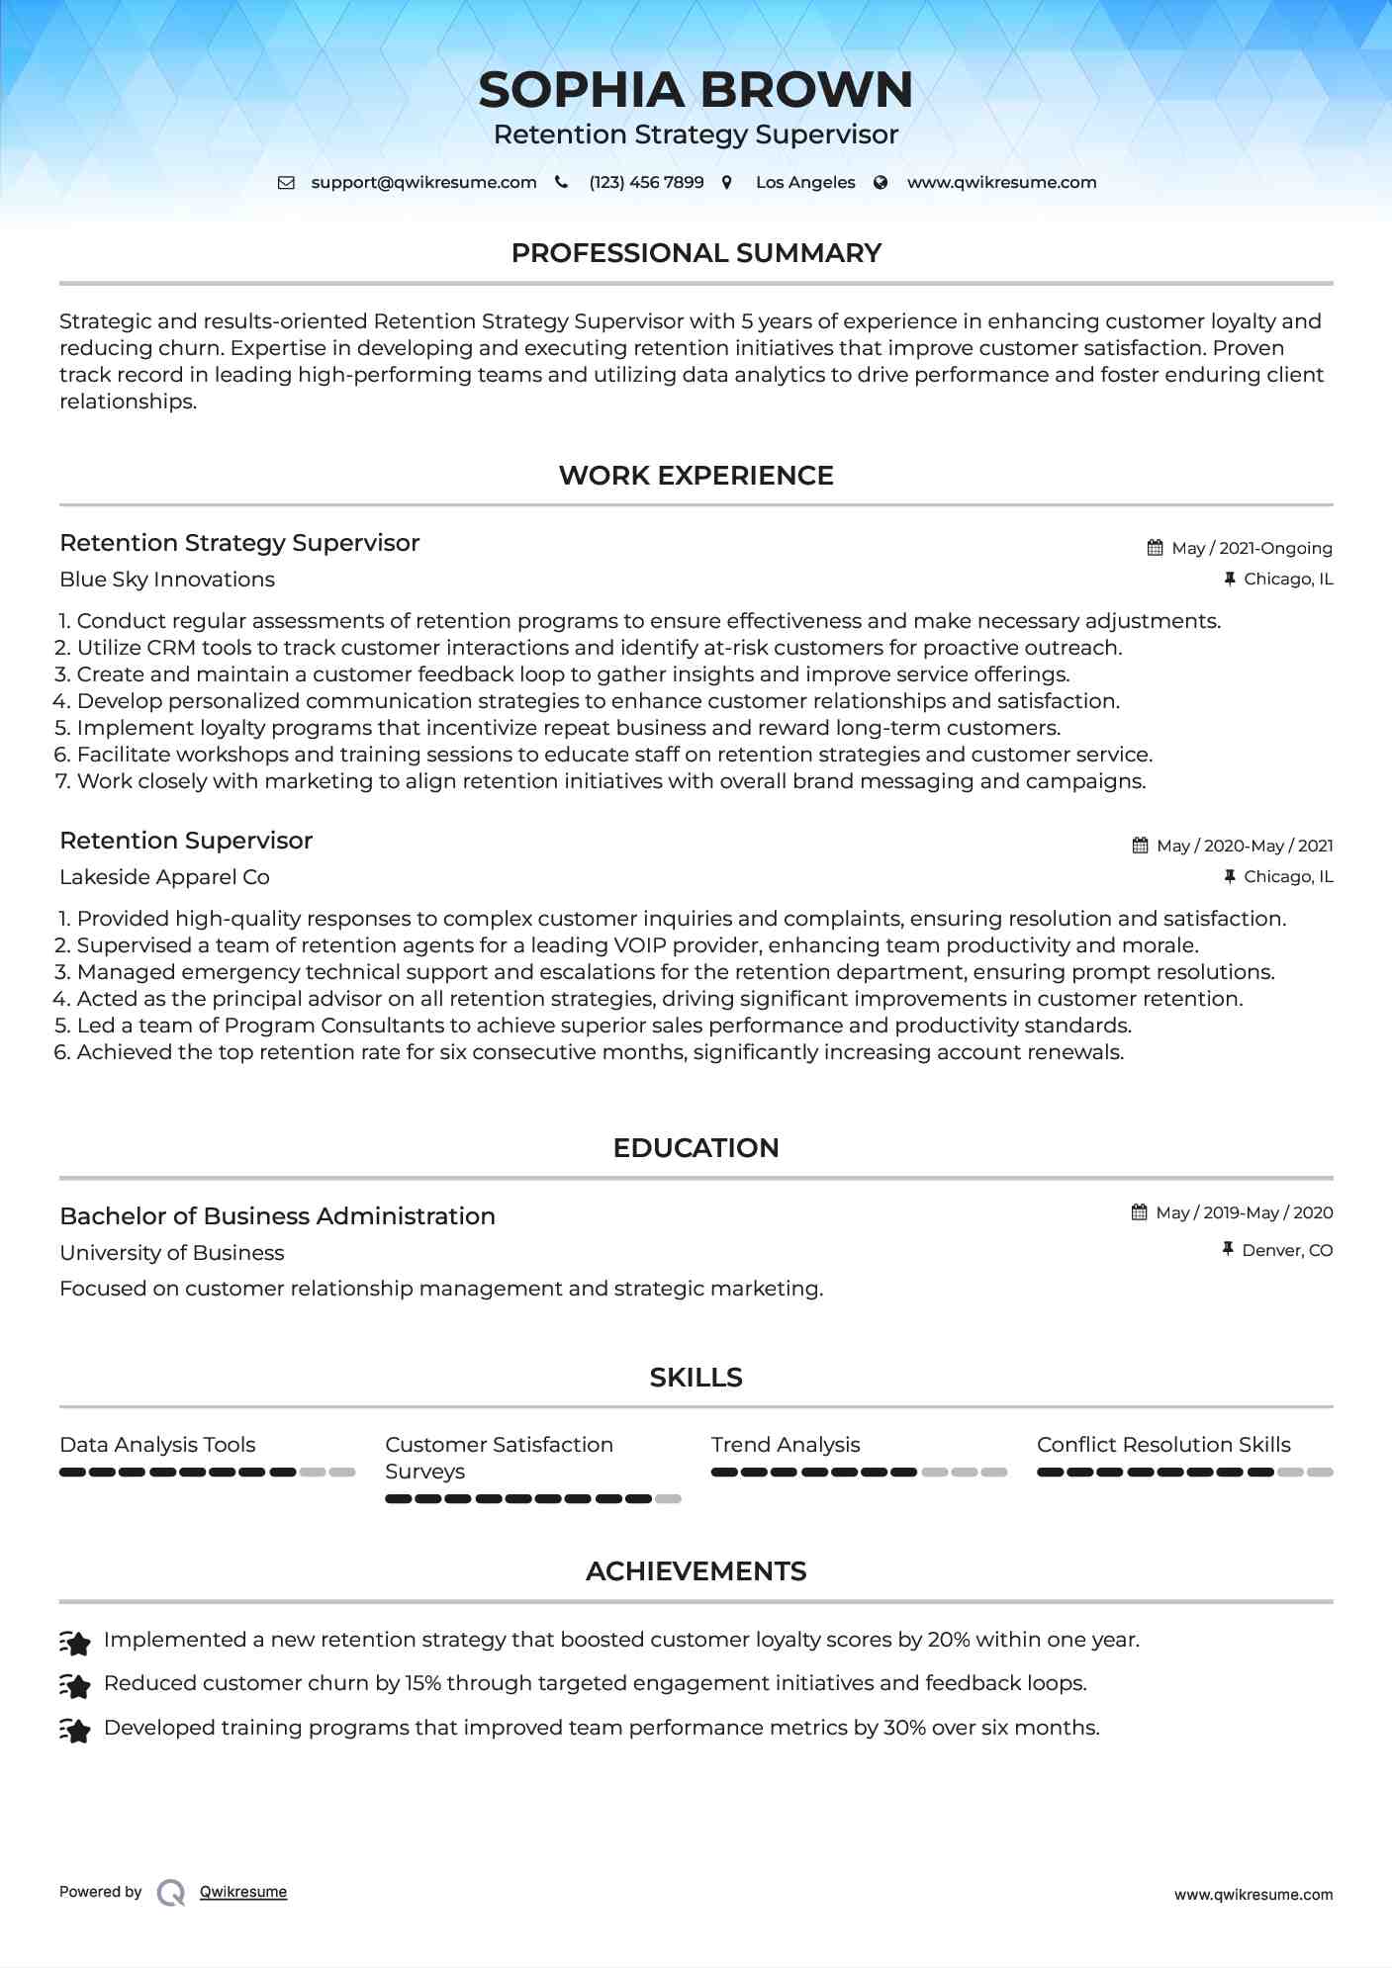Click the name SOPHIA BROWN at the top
[696, 90]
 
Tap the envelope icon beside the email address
[286, 183]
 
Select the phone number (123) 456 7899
[646, 183]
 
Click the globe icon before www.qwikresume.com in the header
[881, 183]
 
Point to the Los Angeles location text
[804, 183]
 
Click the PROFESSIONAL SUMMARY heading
[696, 253]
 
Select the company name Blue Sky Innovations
[167, 580]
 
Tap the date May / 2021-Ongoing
[1251, 548]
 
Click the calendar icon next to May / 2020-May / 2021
[1140, 846]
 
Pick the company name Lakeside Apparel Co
[164, 877]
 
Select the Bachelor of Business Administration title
[277, 1216]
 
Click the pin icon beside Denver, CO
[1227, 1250]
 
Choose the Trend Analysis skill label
[786, 1445]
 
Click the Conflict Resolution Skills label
[1163, 1445]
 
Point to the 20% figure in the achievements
[948, 1640]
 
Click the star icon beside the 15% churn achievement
[75, 1684]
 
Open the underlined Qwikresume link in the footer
[243, 1892]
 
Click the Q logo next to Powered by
[171, 1893]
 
